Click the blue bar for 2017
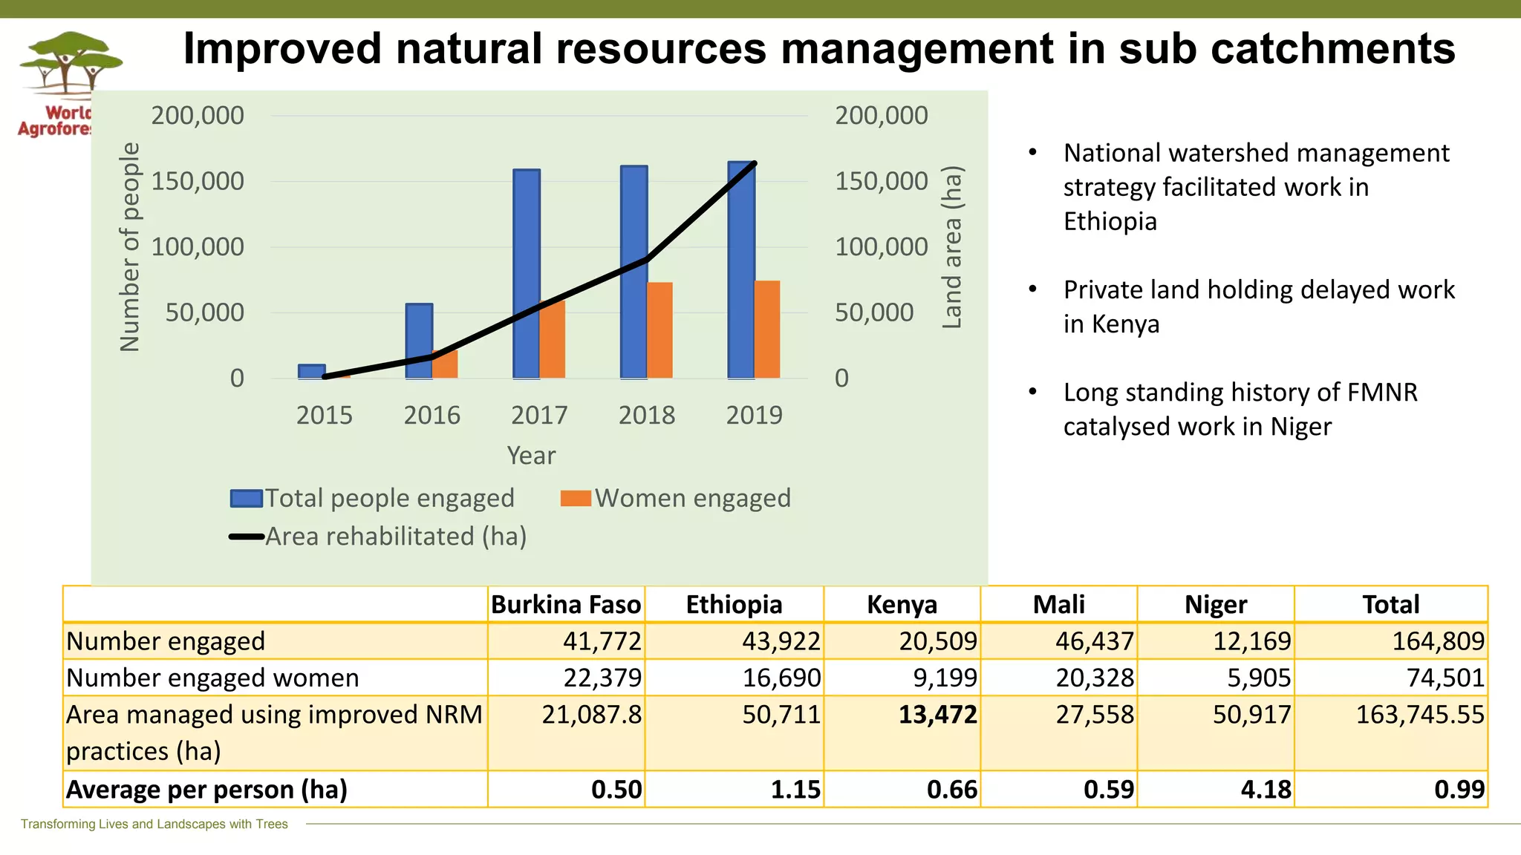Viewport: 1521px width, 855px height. [526, 275]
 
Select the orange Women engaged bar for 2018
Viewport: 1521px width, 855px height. [659, 330]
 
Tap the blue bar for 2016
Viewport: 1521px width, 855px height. [419, 341]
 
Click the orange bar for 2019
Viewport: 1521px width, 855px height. [767, 330]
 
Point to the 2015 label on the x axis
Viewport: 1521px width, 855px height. [324, 415]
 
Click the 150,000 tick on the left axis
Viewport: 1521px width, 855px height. [197, 181]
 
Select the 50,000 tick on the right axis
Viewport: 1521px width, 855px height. [874, 312]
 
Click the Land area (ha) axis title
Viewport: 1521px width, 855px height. [951, 247]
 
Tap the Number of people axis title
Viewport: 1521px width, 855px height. [130, 247]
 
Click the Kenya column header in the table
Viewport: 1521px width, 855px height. [902, 604]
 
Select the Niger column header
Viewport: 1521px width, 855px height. [1215, 604]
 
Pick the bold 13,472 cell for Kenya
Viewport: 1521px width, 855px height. [937, 715]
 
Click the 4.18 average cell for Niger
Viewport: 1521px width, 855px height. [1266, 789]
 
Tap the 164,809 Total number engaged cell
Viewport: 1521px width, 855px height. [1437, 641]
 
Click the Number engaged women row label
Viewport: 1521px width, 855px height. [212, 678]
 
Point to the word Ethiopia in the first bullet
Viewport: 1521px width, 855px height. [1110, 221]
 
